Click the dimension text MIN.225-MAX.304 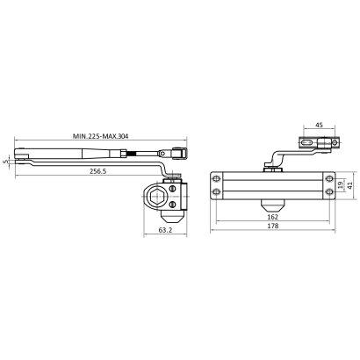(100, 136)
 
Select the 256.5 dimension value (98, 171)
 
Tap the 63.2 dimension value (165, 230)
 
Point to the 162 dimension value (273, 217)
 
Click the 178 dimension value (273, 226)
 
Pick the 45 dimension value (319, 125)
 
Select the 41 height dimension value (349, 185)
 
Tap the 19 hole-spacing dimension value (340, 185)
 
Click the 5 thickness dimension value (9, 162)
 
